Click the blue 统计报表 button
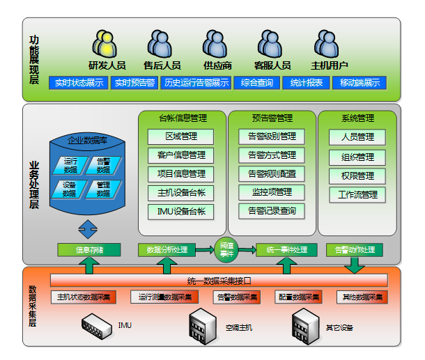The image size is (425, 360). coord(306,83)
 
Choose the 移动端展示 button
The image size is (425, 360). coord(360,83)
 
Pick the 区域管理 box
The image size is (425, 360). coord(180,136)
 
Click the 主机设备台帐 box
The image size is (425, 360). coord(180,193)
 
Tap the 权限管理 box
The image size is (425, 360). coord(357,175)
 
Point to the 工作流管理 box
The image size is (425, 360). coord(357,194)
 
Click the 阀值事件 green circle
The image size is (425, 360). coord(226,249)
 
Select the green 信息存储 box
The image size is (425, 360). coord(88,249)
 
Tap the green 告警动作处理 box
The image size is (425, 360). coord(355,249)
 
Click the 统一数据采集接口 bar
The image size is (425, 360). coord(219,281)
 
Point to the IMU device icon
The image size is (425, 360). coord(97,325)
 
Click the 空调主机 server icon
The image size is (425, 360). coord(203,324)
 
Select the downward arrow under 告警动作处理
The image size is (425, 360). coord(355,265)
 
